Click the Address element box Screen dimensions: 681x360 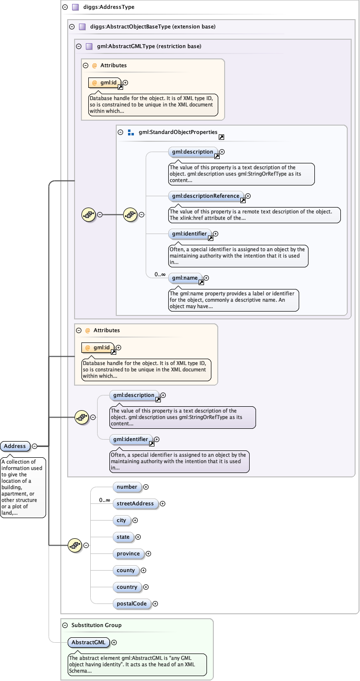(x=15, y=446)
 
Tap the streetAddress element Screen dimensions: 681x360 (x=135, y=503)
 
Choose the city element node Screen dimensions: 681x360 (x=121, y=520)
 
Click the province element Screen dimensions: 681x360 (x=129, y=553)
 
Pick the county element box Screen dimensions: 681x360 (x=126, y=570)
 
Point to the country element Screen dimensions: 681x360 (x=127, y=587)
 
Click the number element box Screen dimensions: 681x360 (x=127, y=487)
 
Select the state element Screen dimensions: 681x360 (x=123, y=537)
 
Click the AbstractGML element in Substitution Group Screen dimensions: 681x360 (x=88, y=642)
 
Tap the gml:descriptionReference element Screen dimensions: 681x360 (x=206, y=196)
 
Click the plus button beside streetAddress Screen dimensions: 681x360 (x=163, y=503)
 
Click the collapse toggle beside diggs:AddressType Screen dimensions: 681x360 (x=65, y=7)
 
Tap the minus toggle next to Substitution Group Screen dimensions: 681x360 (x=65, y=625)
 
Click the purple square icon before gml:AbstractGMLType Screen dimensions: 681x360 (x=89, y=47)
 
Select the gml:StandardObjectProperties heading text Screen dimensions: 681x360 (x=178, y=132)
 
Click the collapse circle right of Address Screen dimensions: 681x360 (x=35, y=446)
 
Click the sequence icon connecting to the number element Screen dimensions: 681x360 (x=74, y=545)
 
